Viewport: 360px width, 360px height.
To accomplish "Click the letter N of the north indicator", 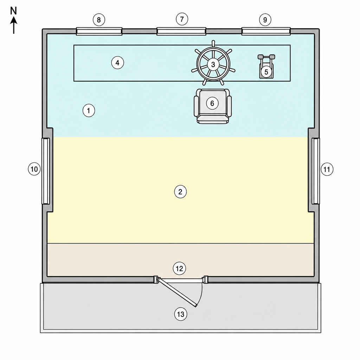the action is (x=14, y=11).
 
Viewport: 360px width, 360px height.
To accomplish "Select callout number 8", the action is (x=99, y=20).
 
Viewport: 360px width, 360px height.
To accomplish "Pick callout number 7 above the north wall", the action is (x=182, y=19).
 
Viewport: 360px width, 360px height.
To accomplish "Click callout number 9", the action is (x=265, y=20).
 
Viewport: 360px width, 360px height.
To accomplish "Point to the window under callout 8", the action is (x=99, y=31).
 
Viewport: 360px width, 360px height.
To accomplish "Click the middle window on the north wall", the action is (x=181, y=31).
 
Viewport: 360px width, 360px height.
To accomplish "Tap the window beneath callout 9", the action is (x=266, y=31).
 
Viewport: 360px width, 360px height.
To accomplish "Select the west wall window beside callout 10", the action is (x=45, y=171).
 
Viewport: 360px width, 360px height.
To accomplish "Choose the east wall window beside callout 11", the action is (x=316, y=171).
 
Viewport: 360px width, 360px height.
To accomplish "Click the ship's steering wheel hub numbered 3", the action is (x=213, y=64).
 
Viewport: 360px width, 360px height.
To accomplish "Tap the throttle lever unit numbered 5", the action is (x=266, y=66).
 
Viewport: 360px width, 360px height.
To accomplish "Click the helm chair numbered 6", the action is (x=213, y=106).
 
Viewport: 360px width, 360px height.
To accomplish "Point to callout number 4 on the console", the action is (x=117, y=63).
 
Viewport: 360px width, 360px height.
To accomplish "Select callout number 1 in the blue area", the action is (x=89, y=111).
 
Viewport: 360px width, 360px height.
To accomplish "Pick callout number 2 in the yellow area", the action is (x=180, y=192).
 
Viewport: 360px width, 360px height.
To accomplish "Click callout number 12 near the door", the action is (x=179, y=268).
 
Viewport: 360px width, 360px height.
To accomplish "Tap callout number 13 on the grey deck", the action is (x=181, y=314).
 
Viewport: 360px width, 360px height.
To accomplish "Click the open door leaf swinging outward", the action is (x=177, y=292).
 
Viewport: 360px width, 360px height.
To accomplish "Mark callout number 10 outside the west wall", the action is (x=34, y=169).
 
